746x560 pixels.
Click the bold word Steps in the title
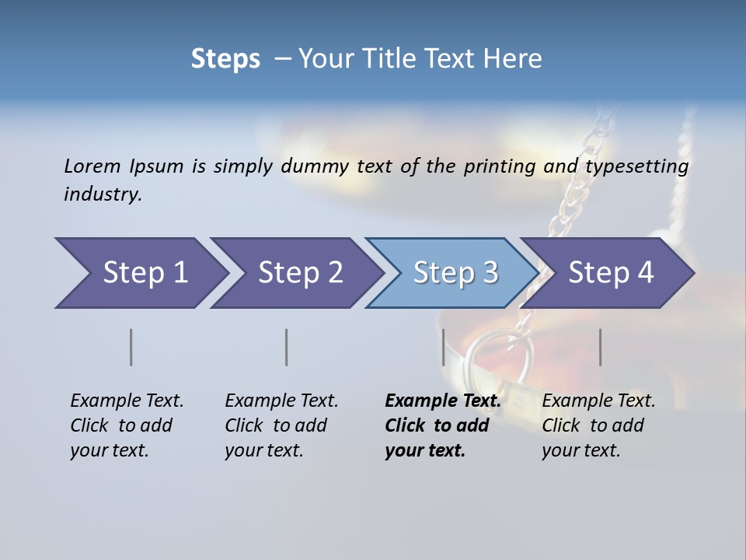pyautogui.click(x=225, y=59)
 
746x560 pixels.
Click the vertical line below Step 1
pyautogui.click(x=131, y=347)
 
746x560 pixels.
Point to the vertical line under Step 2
pyautogui.click(x=287, y=347)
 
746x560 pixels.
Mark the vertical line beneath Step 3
pyautogui.click(x=443, y=347)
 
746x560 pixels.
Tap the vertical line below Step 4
pyautogui.click(x=600, y=347)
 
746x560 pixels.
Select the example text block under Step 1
pyautogui.click(x=127, y=425)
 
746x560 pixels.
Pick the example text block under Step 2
pyautogui.click(x=281, y=425)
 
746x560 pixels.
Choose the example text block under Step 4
pyautogui.click(x=598, y=425)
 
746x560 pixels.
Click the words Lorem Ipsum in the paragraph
pyautogui.click(x=124, y=166)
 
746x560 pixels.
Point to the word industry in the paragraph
pyautogui.click(x=102, y=194)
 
